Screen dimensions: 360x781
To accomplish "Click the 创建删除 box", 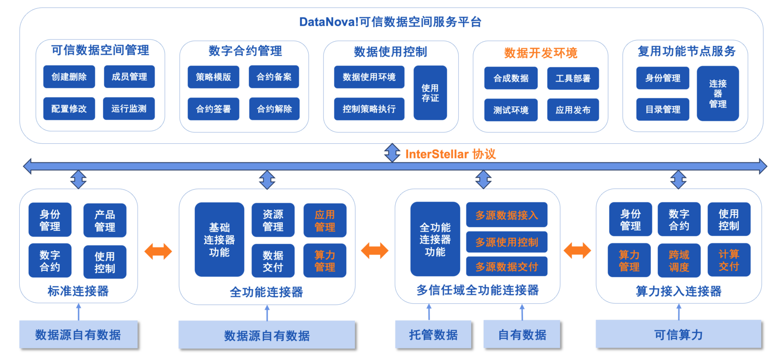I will point(69,77).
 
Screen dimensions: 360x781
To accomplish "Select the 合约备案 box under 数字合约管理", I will point(274,77).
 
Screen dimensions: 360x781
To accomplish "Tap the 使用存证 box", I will point(430,93).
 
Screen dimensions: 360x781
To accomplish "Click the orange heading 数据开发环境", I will point(540,53).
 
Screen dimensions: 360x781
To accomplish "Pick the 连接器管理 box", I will point(717,93).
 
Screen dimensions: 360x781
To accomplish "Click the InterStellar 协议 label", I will point(450,154).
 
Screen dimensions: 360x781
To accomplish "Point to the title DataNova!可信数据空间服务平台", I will point(390,22).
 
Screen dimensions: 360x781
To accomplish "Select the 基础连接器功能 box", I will point(219,240).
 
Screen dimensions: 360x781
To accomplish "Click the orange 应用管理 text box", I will point(325,220).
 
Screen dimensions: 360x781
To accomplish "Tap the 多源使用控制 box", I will point(507,242).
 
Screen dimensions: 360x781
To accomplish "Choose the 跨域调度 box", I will point(679,260).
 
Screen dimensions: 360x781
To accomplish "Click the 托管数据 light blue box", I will point(433,334).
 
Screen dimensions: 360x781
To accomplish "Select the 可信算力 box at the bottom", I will point(678,334).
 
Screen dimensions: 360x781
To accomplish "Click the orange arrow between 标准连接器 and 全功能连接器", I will point(158,252).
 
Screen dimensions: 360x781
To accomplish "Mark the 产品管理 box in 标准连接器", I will point(105,220).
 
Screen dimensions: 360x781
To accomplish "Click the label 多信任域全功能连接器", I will point(477,290).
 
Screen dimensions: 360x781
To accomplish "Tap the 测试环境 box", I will point(511,110).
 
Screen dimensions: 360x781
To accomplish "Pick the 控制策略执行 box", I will point(369,109).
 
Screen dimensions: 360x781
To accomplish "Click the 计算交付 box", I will point(728,260).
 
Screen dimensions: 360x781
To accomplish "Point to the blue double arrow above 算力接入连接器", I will point(678,179).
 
